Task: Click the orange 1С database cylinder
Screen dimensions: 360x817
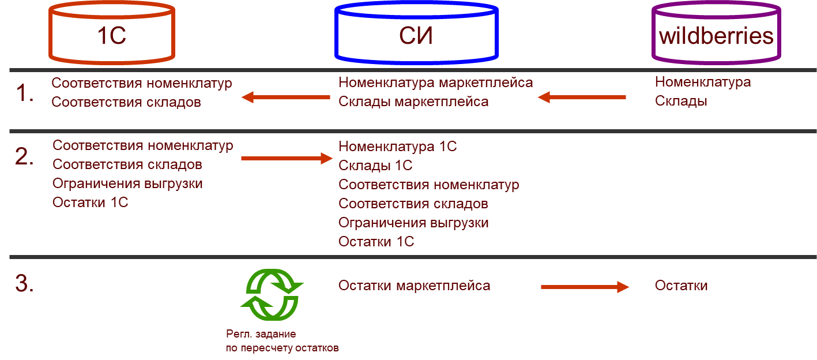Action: pyautogui.click(x=112, y=33)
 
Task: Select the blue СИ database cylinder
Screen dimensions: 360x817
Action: pyautogui.click(x=416, y=33)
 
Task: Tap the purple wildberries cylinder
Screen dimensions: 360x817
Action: pyautogui.click(x=716, y=33)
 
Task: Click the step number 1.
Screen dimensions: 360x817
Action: pyautogui.click(x=24, y=93)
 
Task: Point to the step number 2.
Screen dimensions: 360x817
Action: pyautogui.click(x=25, y=157)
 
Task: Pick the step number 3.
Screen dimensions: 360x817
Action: pyautogui.click(x=25, y=284)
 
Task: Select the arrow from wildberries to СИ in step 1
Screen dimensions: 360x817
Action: pyautogui.click(x=582, y=97)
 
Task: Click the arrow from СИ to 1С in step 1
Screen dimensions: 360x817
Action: pyautogui.click(x=285, y=97)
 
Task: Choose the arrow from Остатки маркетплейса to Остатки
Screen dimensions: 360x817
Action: pyautogui.click(x=584, y=286)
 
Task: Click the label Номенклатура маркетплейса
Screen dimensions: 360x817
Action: pyautogui.click(x=435, y=82)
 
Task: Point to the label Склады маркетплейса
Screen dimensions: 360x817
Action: pyautogui.click(x=413, y=102)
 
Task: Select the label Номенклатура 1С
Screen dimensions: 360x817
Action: pyautogui.click(x=397, y=147)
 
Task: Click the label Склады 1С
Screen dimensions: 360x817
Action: pyautogui.click(x=375, y=166)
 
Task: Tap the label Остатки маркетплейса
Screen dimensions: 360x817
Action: pyautogui.click(x=414, y=286)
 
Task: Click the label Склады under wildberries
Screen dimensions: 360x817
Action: pyautogui.click(x=680, y=101)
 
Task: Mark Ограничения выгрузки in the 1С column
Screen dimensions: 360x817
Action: pyautogui.click(x=127, y=183)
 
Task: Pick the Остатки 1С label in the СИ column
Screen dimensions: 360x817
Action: pyautogui.click(x=376, y=242)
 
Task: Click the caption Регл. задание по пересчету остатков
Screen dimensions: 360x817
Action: pyautogui.click(x=282, y=342)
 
